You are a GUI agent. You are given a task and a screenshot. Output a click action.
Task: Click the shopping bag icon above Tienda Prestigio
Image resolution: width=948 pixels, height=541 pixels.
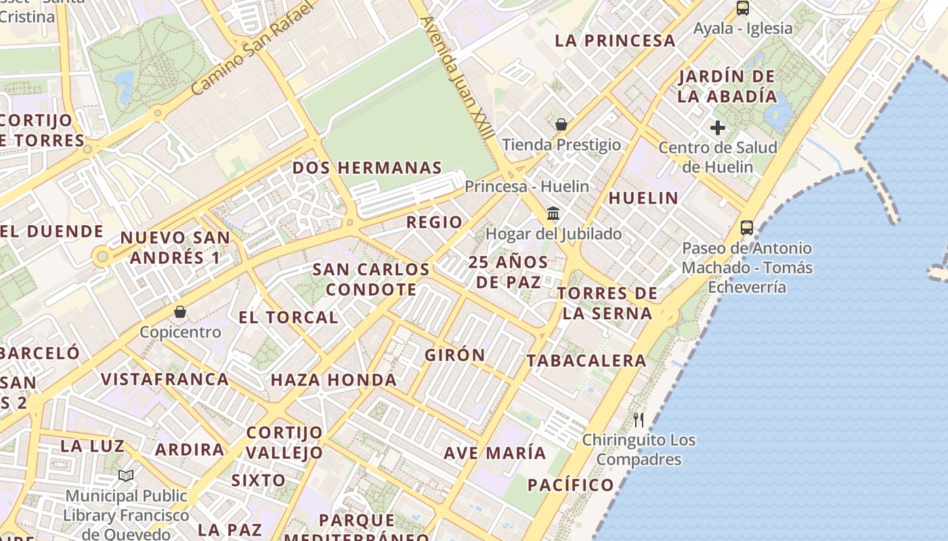[x=561, y=124]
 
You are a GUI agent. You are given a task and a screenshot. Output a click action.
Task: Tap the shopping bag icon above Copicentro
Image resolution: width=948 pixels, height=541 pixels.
[x=180, y=312]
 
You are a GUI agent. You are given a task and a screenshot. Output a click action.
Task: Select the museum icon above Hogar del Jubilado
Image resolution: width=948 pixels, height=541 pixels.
[x=553, y=214]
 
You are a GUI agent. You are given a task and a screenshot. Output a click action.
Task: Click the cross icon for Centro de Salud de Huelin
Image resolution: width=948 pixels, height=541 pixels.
[x=718, y=127]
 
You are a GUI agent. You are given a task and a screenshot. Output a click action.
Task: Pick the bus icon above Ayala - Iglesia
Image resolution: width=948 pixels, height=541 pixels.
[x=743, y=8]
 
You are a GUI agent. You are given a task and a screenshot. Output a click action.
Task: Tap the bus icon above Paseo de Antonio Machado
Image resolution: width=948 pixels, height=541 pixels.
[x=747, y=228]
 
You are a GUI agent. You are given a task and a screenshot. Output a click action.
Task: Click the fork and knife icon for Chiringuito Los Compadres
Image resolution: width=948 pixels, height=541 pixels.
[x=639, y=420]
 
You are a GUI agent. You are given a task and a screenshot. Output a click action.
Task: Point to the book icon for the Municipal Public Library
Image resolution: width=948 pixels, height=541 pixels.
[x=126, y=476]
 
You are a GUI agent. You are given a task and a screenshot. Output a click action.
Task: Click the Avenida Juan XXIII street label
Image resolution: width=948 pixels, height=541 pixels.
[x=458, y=78]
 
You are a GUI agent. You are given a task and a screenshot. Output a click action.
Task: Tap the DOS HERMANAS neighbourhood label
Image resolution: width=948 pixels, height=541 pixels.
[x=367, y=168]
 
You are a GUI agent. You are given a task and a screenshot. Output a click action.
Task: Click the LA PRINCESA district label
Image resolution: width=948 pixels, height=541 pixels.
[x=615, y=41]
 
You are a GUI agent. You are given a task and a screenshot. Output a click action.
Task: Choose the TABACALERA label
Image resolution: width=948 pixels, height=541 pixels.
[x=586, y=360]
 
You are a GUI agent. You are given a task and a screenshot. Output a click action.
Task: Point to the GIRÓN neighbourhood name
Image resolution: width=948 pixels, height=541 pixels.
[x=455, y=355]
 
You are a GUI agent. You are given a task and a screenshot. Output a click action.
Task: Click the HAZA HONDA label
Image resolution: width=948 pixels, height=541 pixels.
[x=334, y=380]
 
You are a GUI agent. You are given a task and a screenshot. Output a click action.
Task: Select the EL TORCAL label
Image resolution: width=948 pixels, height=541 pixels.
[x=288, y=317]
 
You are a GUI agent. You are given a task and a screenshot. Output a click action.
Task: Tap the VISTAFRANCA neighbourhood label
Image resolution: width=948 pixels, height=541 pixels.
[x=165, y=379]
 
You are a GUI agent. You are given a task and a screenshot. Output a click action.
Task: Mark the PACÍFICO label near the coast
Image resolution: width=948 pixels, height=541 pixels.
[x=570, y=485]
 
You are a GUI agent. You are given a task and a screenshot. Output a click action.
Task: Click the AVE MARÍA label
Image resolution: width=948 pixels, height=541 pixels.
[x=494, y=452]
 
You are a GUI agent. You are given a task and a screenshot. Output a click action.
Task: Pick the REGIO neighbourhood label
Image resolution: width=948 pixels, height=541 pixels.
[x=434, y=222]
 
